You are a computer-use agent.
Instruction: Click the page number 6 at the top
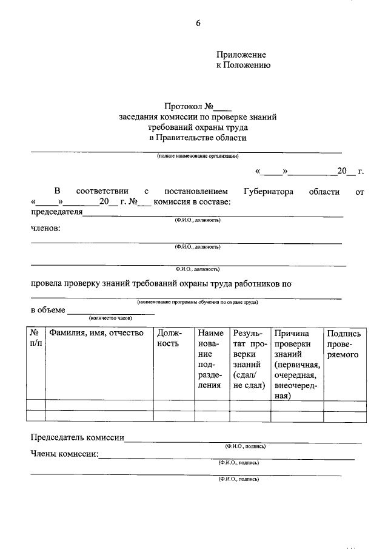click(x=198, y=24)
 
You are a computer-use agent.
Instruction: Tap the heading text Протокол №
click(x=190, y=106)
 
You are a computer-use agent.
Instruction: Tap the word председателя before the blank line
click(x=56, y=212)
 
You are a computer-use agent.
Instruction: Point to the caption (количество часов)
click(x=110, y=318)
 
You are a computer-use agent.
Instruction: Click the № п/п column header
click(x=36, y=338)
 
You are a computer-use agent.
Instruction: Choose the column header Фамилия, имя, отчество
click(x=96, y=333)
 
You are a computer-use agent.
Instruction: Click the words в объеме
click(x=48, y=310)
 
